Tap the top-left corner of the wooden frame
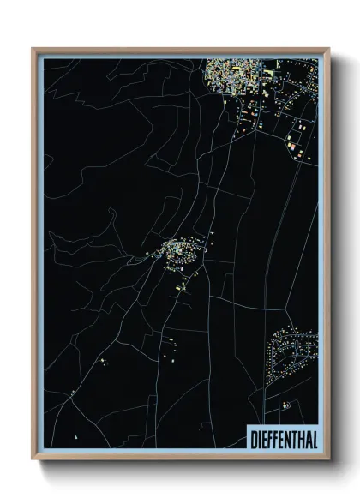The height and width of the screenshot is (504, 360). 33,49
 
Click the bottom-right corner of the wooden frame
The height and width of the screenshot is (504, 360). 329,459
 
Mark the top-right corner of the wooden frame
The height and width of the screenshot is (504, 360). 329,49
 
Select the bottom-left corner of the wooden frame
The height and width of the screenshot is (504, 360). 33,459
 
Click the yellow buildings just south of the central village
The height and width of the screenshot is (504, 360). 180,286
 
